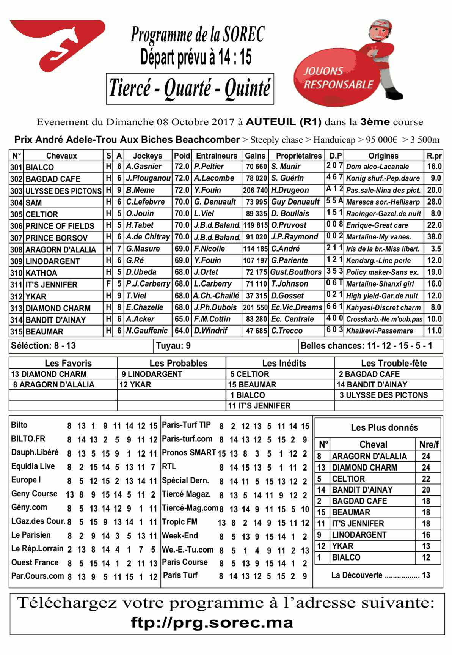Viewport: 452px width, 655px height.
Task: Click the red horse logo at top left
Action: click(57, 44)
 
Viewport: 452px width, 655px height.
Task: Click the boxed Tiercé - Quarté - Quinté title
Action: click(190, 89)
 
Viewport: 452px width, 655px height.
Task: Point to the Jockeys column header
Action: click(148, 156)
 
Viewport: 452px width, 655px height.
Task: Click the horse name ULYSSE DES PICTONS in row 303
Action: click(63, 191)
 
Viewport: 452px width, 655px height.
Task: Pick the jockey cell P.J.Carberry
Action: click(148, 284)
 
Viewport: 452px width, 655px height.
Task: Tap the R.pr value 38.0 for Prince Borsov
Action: click(434, 237)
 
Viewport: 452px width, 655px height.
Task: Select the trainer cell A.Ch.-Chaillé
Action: click(216, 296)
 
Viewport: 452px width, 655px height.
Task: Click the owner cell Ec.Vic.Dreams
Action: click(296, 307)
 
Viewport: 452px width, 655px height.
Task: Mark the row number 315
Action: click(16, 331)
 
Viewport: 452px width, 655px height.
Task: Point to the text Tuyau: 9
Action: click(173, 346)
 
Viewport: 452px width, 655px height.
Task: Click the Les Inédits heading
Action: click(284, 363)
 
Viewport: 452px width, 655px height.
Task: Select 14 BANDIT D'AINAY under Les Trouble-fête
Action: click(372, 384)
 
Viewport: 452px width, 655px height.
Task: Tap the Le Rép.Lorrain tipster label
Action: click(37, 549)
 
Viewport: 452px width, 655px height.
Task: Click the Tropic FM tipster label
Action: click(179, 522)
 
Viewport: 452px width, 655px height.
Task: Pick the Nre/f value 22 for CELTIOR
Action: click(426, 479)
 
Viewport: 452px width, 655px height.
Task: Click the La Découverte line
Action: click(380, 575)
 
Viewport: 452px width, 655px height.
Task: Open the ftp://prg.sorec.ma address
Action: click(212, 623)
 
